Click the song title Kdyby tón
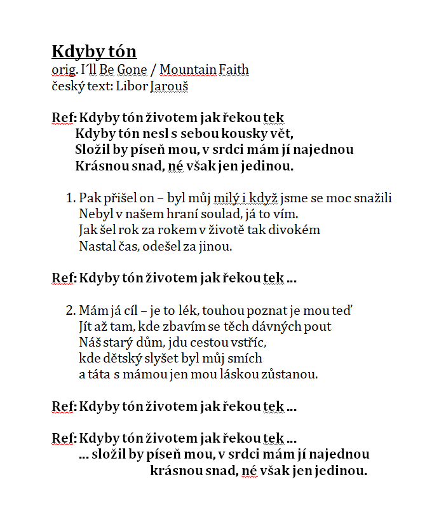pos(94,52)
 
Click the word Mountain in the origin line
pos(187,70)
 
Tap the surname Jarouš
pos(169,86)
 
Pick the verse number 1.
pos(70,198)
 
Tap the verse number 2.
pos(70,310)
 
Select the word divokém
pos(292,230)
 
